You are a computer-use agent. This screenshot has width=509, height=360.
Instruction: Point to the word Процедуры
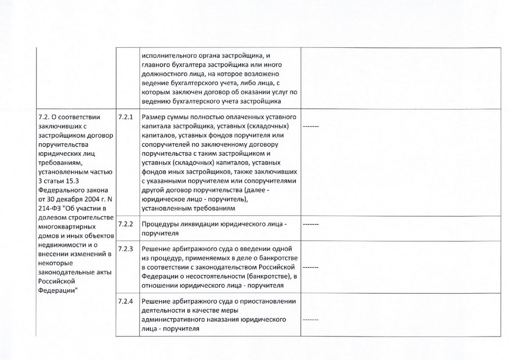(x=160, y=224)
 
